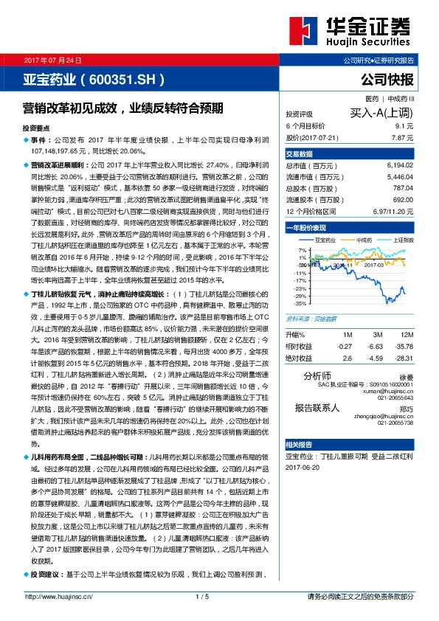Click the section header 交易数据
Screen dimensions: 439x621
click(x=300, y=153)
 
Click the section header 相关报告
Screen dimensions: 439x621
click(x=300, y=445)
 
